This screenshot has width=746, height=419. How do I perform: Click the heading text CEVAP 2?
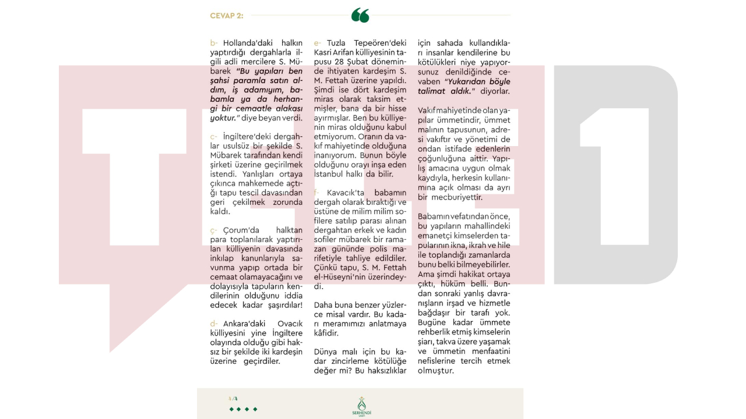(x=227, y=16)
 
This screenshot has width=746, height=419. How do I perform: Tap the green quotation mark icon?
(x=360, y=16)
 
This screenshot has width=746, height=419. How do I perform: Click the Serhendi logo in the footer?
(x=362, y=406)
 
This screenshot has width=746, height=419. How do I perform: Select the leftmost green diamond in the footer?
(x=231, y=410)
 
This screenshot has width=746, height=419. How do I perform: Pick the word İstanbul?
(x=329, y=174)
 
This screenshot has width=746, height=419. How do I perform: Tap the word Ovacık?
(x=290, y=324)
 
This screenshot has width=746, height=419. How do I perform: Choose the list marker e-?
(x=318, y=43)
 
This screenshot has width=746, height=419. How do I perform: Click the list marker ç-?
(x=214, y=230)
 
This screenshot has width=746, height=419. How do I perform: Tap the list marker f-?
(x=316, y=193)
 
